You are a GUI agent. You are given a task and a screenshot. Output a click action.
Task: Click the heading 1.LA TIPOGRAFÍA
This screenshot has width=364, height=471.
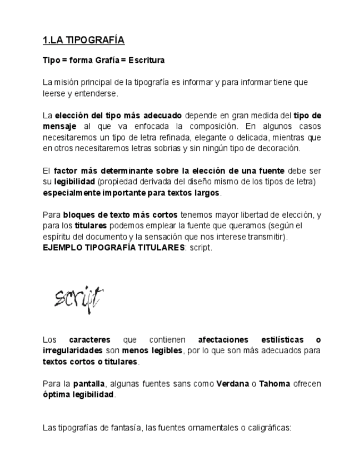click(83, 40)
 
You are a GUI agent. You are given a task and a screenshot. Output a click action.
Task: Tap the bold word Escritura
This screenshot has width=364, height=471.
click(146, 60)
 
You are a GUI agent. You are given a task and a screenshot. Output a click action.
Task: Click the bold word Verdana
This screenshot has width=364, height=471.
click(232, 384)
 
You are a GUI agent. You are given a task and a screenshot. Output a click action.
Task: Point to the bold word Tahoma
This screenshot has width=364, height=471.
click(275, 384)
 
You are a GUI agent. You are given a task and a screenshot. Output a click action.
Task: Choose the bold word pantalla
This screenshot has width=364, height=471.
click(89, 384)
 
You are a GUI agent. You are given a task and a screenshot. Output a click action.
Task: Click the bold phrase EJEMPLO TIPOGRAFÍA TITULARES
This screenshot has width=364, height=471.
click(114, 248)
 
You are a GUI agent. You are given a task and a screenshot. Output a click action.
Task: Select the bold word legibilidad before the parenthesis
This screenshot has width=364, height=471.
click(75, 182)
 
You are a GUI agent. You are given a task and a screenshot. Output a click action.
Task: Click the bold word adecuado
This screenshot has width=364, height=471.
click(162, 116)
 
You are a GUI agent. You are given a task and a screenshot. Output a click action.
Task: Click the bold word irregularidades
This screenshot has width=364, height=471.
click(72, 350)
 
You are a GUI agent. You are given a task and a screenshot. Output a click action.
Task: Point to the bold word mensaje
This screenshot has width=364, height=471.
click(59, 127)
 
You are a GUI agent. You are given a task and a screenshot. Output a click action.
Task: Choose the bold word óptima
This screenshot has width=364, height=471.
click(57, 395)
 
